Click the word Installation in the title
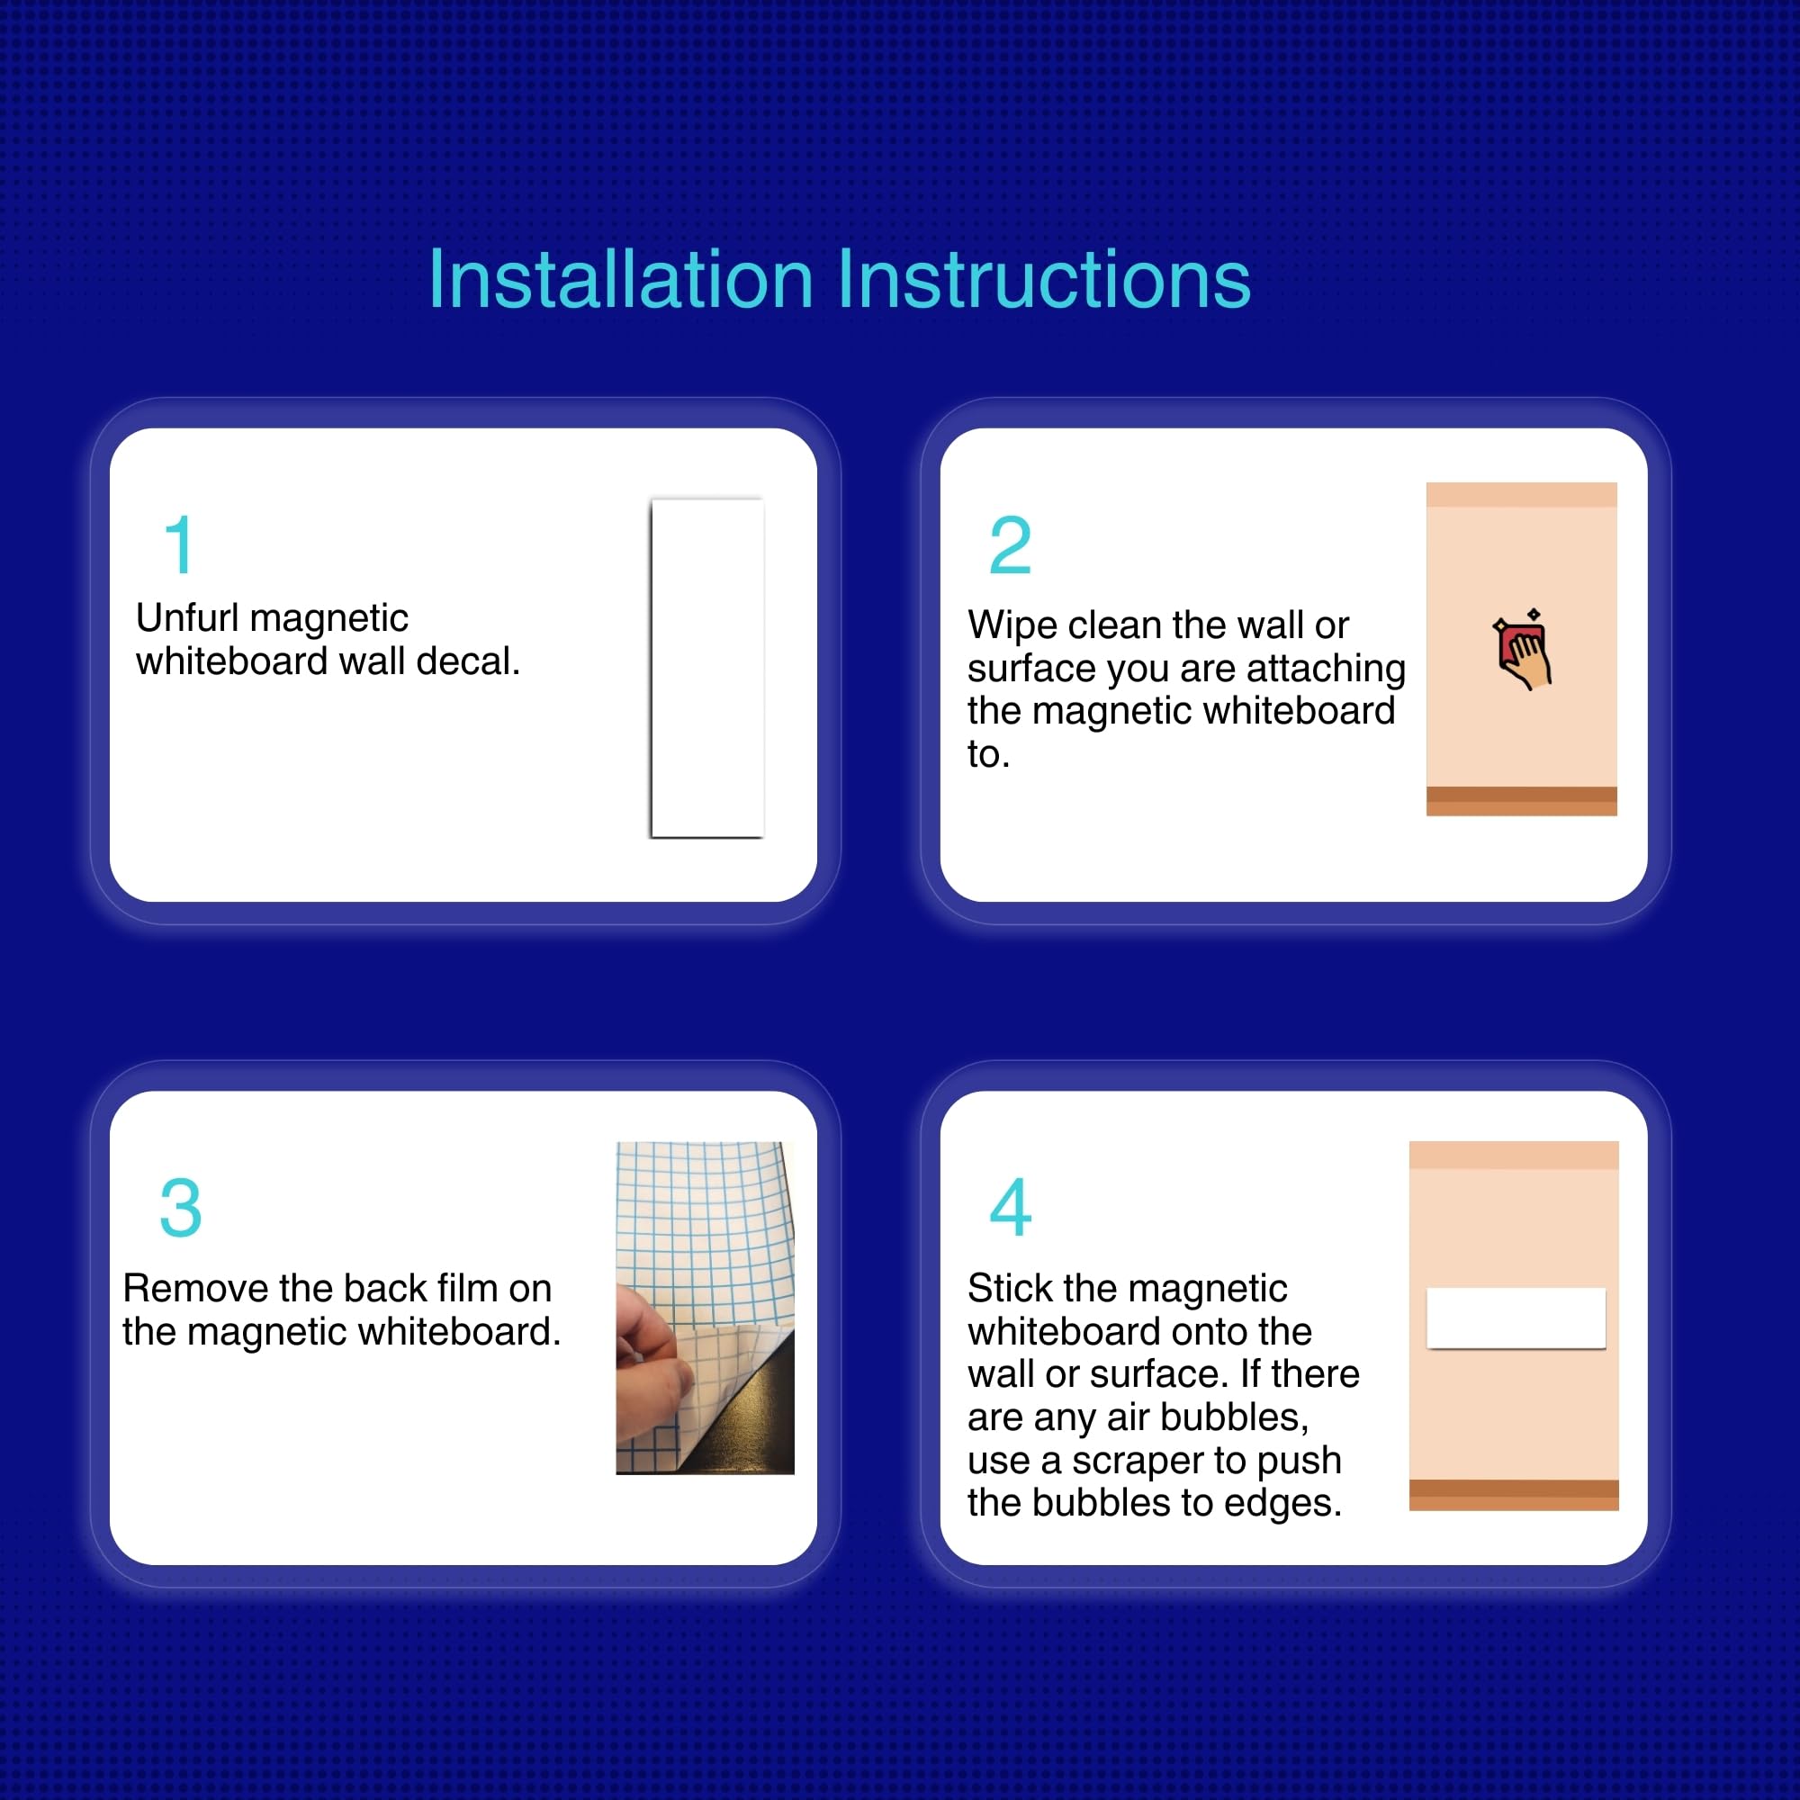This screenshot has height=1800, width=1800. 620,279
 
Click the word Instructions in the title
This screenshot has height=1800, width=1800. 1043,279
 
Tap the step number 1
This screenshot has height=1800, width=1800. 179,545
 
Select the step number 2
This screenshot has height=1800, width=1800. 1010,545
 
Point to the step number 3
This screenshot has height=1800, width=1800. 181,1208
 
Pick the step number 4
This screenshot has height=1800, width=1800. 1010,1208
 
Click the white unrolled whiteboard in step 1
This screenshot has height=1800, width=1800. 707,668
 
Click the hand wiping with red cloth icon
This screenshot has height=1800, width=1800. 1523,650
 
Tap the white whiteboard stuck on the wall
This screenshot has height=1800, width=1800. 1516,1318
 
